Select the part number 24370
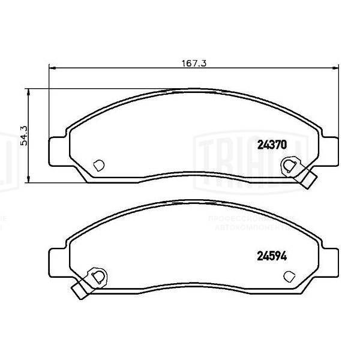pos(273,145)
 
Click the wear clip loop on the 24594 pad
pos(98,275)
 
